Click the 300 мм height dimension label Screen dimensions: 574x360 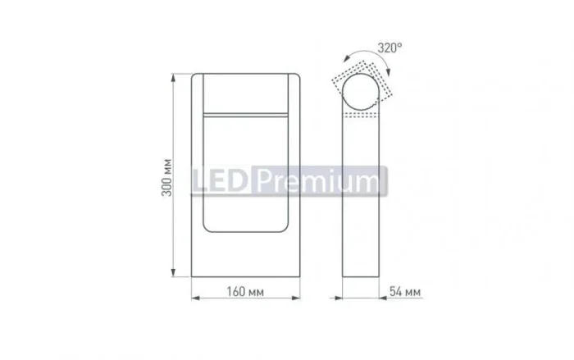167,178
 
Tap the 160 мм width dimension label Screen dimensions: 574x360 245,292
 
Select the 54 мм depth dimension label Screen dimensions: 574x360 405,292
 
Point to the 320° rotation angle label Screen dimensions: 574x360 389,48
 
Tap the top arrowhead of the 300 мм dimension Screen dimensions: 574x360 174,77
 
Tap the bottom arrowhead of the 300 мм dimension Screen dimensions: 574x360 174,273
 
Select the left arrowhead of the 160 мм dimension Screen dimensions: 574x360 195,298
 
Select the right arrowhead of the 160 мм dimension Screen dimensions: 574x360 296,298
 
